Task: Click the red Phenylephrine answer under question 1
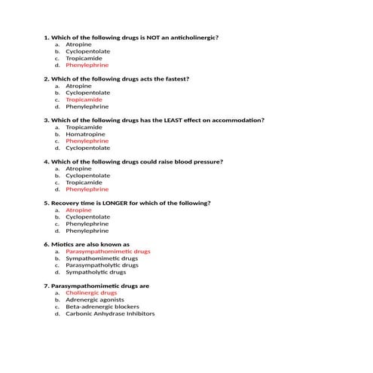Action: pyautogui.click(x=87, y=66)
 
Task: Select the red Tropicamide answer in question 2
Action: pyautogui.click(x=84, y=99)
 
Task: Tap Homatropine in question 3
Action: pyautogui.click(x=85, y=134)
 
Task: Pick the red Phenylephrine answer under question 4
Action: pyautogui.click(x=87, y=189)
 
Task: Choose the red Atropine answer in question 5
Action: pyautogui.click(x=78, y=210)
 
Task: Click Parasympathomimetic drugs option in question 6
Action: pyautogui.click(x=108, y=252)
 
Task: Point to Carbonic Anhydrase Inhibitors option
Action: pyautogui.click(x=110, y=313)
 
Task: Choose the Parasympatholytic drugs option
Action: pyautogui.click(x=102, y=265)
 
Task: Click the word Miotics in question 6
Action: pyautogui.click(x=63, y=244)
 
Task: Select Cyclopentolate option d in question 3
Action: pyautogui.click(x=87, y=148)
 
